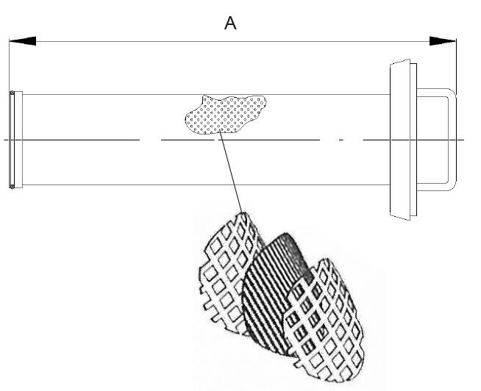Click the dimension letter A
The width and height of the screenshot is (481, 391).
coord(230,24)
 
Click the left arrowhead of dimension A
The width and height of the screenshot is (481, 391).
coord(22,41)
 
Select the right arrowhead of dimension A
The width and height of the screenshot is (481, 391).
coord(442,41)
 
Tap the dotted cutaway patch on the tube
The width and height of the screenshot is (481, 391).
coord(226,115)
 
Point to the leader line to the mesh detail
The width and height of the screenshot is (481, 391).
coord(231,173)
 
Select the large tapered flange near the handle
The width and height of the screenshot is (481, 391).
coord(400,140)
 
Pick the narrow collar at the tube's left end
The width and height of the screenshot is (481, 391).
coord(18,140)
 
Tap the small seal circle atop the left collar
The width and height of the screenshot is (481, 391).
coord(12,93)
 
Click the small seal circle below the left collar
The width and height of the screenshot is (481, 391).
coord(12,186)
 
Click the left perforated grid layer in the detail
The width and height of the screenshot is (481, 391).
coord(229,273)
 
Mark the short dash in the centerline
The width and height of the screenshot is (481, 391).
coord(341,140)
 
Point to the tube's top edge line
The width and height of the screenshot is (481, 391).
coord(206,95)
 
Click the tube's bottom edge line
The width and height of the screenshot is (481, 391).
coord(206,184)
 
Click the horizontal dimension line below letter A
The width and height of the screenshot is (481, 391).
coord(232,41)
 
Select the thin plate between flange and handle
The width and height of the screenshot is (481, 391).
coord(413,140)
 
